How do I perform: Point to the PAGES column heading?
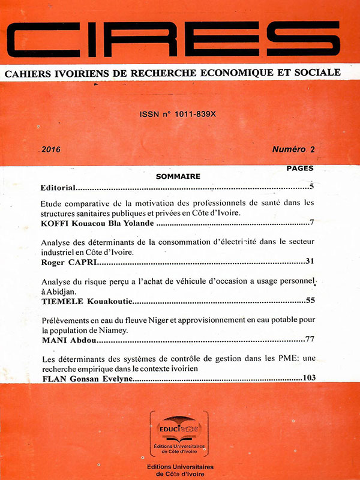[x=300, y=169]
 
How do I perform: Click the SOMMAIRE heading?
[x=178, y=176]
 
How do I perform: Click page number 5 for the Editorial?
[x=312, y=188]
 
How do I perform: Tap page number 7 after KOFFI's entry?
[x=312, y=224]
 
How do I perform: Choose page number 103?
[x=308, y=379]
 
